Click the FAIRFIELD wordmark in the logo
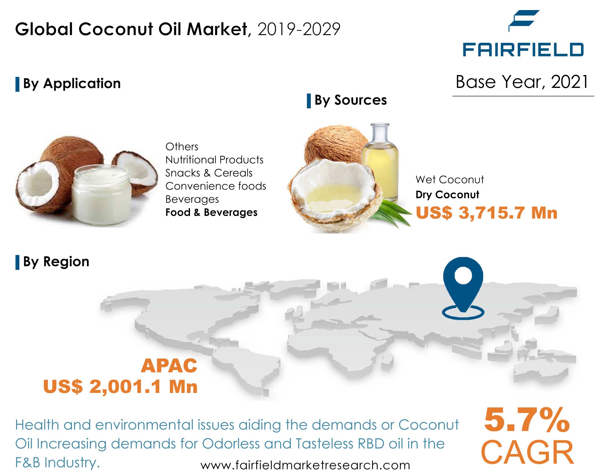523,50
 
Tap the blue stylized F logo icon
524,20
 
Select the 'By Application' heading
72,84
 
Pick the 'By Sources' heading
350,100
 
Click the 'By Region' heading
56,262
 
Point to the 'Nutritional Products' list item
214,160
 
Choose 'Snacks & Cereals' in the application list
209,173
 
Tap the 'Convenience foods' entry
216,186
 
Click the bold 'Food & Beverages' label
211,212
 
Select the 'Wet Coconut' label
450,179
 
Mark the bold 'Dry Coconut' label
447,195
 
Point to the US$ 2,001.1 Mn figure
120,386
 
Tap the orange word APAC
169,366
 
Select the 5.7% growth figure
527,420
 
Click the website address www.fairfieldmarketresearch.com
305,465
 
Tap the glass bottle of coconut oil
380,162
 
